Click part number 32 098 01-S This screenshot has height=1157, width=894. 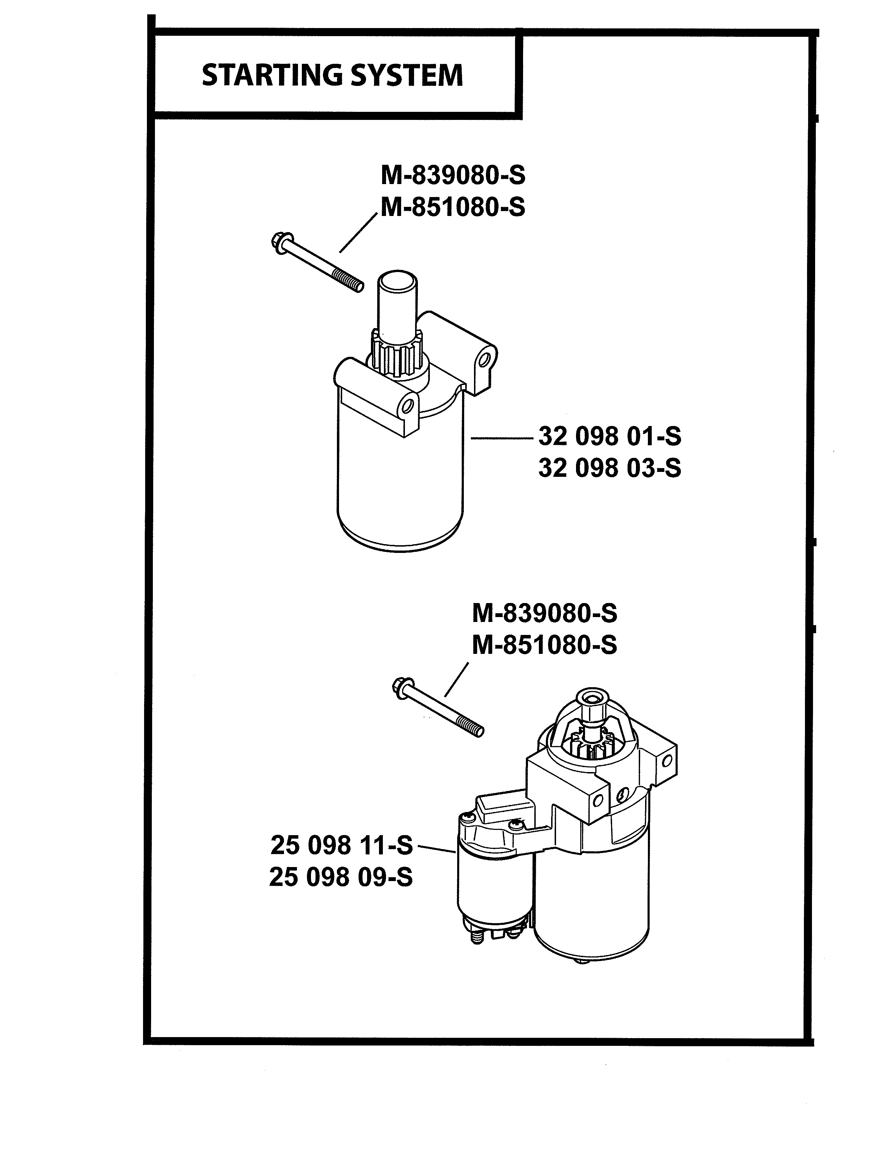610,437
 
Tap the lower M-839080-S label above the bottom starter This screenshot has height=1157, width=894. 544,614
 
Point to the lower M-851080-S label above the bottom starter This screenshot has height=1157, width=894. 544,645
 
